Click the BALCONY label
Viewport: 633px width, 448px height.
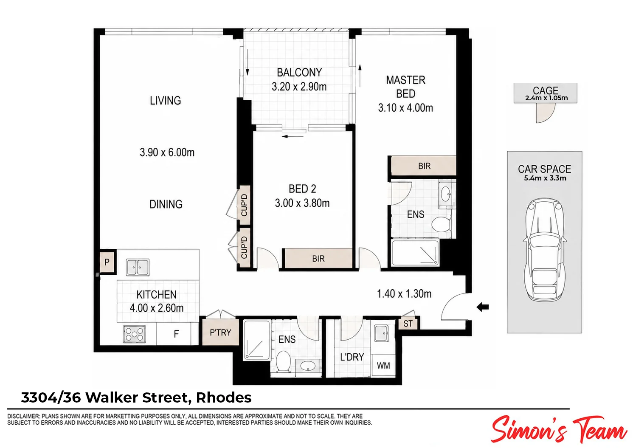299,72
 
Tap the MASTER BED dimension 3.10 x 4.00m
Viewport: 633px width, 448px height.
405,108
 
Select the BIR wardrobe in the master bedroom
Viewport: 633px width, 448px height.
424,166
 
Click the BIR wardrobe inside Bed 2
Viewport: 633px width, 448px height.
318,258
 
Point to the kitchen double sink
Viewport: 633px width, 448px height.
138,267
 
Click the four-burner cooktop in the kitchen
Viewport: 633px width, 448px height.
135,334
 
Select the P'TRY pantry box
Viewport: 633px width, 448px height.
220,332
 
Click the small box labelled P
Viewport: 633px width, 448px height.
107,262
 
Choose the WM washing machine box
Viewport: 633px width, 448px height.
383,365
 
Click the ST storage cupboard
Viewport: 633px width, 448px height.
408,323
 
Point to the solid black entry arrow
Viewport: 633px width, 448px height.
483,307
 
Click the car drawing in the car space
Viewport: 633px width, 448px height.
545,250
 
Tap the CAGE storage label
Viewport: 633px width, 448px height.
546,90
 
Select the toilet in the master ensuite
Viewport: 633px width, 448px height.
441,224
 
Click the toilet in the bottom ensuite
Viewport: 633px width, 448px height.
283,361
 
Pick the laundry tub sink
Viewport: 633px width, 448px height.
382,333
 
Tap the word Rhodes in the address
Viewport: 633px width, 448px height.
224,397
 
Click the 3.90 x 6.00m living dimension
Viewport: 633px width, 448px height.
167,152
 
